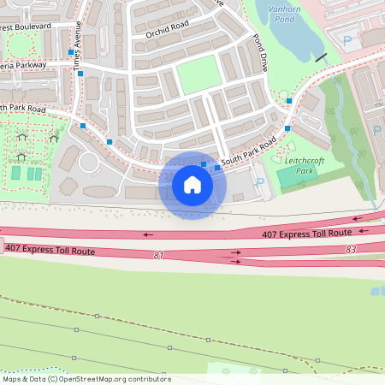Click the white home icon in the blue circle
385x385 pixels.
192,185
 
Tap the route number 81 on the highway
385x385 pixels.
158,255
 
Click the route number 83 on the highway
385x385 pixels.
351,249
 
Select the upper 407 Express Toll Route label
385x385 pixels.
306,233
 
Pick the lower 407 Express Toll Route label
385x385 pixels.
49,248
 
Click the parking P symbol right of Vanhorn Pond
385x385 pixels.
346,40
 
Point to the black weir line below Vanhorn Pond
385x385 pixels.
320,57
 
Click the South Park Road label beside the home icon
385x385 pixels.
248,151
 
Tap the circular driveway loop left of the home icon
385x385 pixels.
89,162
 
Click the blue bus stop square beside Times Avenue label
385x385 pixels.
71,52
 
